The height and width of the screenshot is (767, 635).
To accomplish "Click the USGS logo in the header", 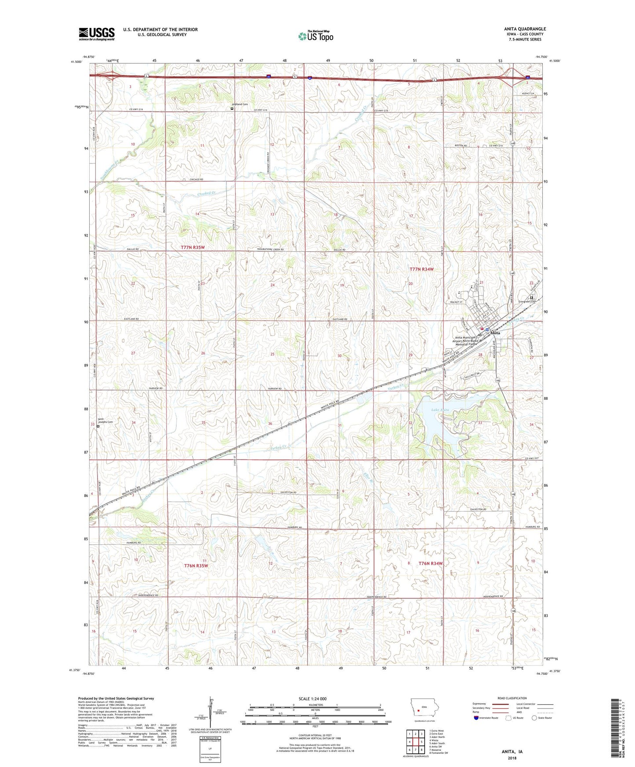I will (x=96, y=34).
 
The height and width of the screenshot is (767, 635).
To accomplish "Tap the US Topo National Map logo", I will (x=316, y=36).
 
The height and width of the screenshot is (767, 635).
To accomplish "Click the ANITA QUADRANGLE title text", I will (x=525, y=29).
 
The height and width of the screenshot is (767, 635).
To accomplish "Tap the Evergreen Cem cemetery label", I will (x=527, y=301).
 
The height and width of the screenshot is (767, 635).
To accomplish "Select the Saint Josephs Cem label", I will (x=105, y=421).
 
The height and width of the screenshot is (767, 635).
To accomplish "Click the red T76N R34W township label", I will (x=430, y=563).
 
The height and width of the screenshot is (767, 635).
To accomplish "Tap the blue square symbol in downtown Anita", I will (x=487, y=329).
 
